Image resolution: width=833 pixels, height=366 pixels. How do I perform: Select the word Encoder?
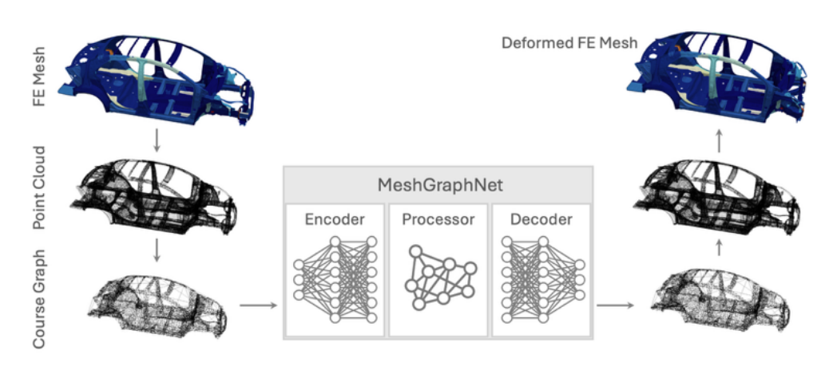pos(335,219)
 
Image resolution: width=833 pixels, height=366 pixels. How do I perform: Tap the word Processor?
pos(438,219)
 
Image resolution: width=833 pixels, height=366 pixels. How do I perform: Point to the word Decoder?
pos(541,219)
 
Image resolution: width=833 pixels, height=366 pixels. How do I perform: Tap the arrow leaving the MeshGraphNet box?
pos(618,305)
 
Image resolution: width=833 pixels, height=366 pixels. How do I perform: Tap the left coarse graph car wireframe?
pos(160,303)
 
